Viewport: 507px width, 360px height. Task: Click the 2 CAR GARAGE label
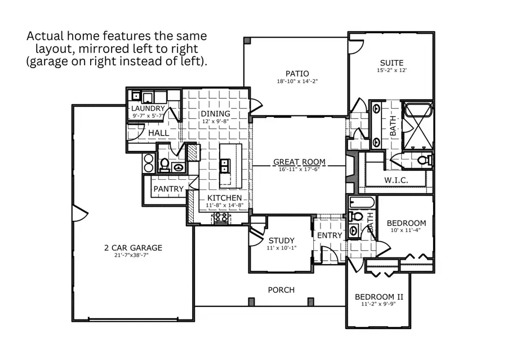133,247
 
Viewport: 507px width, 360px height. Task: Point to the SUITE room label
391,63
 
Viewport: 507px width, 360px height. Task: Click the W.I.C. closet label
396,180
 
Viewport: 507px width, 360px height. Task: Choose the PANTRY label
168,189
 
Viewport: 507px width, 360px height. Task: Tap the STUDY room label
281,241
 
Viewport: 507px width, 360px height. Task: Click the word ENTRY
330,235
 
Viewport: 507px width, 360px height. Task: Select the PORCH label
281,290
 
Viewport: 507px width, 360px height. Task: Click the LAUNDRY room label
148,108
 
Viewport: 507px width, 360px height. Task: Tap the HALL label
158,132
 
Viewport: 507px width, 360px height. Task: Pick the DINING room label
216,114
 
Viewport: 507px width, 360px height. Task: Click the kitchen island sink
225,165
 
